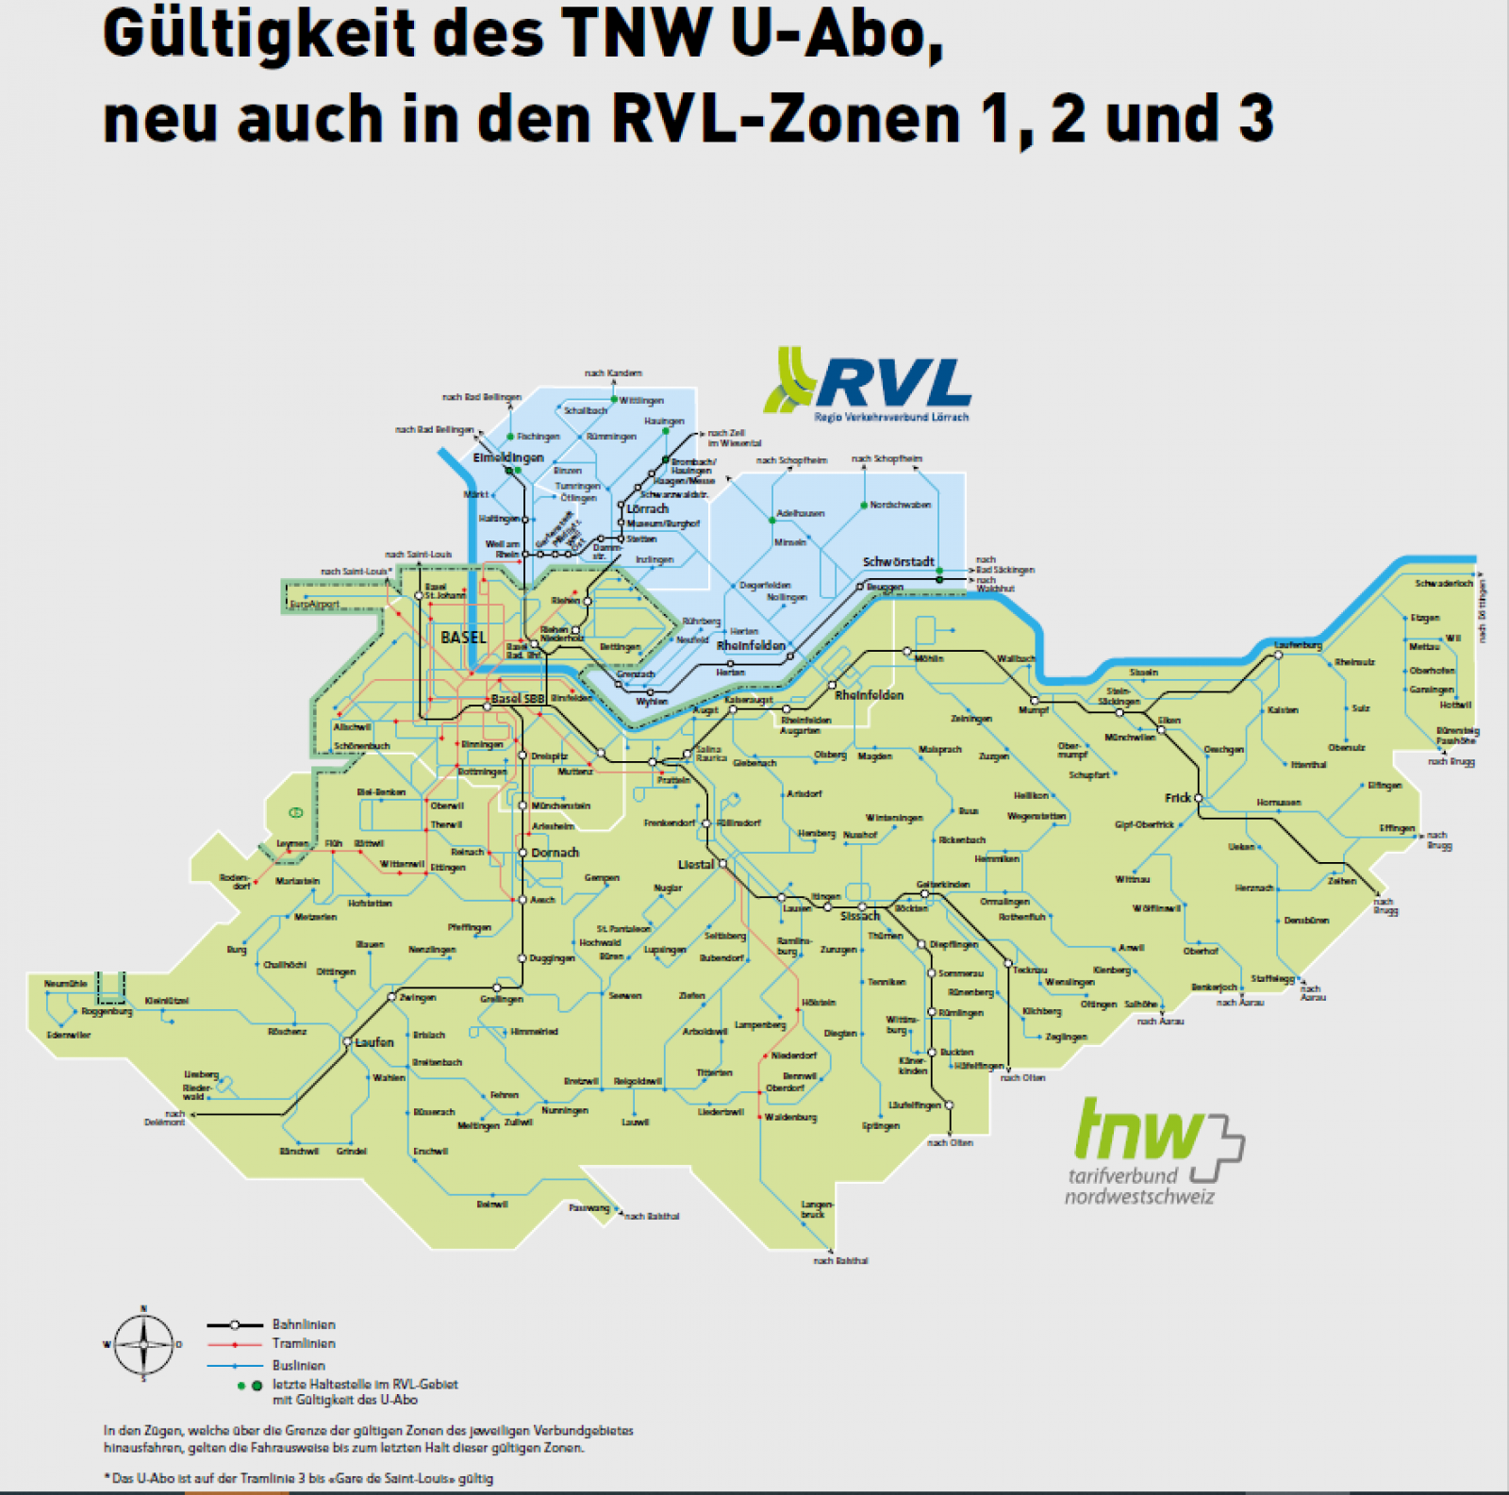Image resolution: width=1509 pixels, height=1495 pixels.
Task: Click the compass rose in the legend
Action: pyautogui.click(x=143, y=1345)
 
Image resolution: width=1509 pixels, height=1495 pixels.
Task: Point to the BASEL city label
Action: pyautogui.click(x=463, y=638)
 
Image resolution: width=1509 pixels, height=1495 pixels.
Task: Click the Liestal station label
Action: pyautogui.click(x=696, y=864)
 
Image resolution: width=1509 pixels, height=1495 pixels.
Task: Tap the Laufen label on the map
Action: pyautogui.click(x=374, y=1042)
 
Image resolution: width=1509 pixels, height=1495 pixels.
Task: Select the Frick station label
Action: pyautogui.click(x=1177, y=798)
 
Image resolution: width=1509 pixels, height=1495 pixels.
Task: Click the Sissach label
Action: pyautogui.click(x=859, y=916)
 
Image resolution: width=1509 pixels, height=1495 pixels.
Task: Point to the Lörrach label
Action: pyautogui.click(x=647, y=508)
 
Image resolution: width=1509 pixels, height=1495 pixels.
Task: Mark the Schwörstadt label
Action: pyautogui.click(x=898, y=562)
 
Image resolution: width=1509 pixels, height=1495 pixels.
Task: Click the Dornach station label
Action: pyautogui.click(x=555, y=853)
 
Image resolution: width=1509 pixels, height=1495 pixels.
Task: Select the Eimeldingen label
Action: pyautogui.click(x=508, y=457)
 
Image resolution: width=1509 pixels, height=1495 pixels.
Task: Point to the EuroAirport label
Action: pyautogui.click(x=314, y=605)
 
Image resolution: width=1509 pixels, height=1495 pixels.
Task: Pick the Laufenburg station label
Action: pyautogui.click(x=1298, y=645)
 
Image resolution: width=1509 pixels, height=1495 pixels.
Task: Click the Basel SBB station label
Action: pyautogui.click(x=518, y=699)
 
